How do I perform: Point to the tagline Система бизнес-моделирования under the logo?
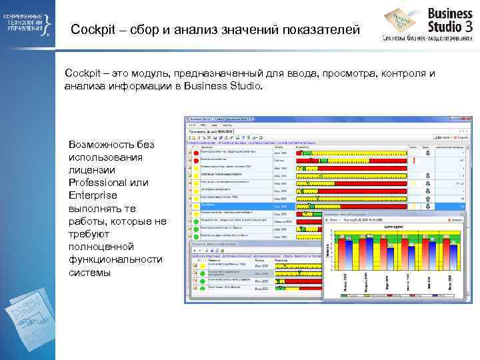[x=426, y=37]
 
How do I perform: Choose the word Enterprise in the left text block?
[x=93, y=195]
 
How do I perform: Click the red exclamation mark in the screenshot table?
[x=414, y=161]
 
